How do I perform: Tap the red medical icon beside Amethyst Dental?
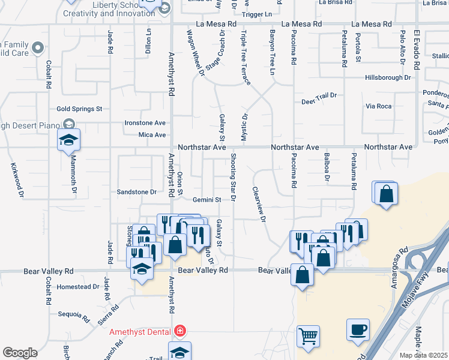pyautogui.click(x=179, y=331)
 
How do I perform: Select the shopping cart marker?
pyautogui.click(x=308, y=336)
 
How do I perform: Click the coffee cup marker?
pyautogui.click(x=358, y=329)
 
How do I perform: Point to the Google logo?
pyautogui.click(x=20, y=353)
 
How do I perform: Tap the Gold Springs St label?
pyautogui.click(x=79, y=109)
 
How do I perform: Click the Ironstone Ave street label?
pyautogui.click(x=145, y=122)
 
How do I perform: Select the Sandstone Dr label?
pyautogui.click(x=136, y=192)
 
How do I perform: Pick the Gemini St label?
pyautogui.click(x=207, y=200)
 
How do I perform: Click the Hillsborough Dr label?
pyautogui.click(x=388, y=78)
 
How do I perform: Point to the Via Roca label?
pyautogui.click(x=378, y=106)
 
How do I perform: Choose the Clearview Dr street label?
pyautogui.click(x=258, y=205)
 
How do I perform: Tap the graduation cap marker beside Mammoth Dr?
pyautogui.click(x=68, y=140)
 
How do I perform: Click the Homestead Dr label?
pyautogui.click(x=79, y=287)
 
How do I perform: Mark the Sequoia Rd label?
pyautogui.click(x=73, y=314)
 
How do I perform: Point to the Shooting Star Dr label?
pyautogui.click(x=233, y=177)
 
